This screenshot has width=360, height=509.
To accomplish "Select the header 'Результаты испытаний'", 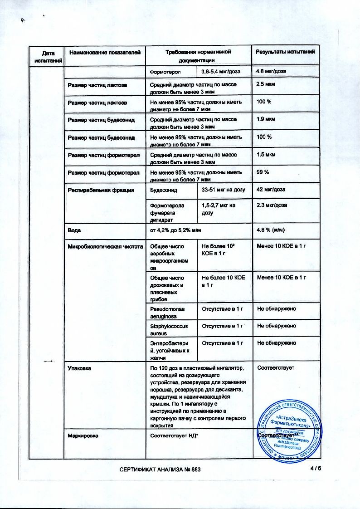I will point(285,52).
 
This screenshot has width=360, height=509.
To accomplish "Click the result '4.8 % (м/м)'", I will point(271,230).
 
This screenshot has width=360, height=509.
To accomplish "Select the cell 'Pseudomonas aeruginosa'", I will point(168,312).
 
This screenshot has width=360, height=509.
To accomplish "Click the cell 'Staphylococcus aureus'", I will point(169,329).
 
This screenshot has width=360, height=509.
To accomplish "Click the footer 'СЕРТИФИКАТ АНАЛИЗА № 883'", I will point(160,469).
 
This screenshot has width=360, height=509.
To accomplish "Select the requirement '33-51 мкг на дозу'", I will point(223,190).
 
